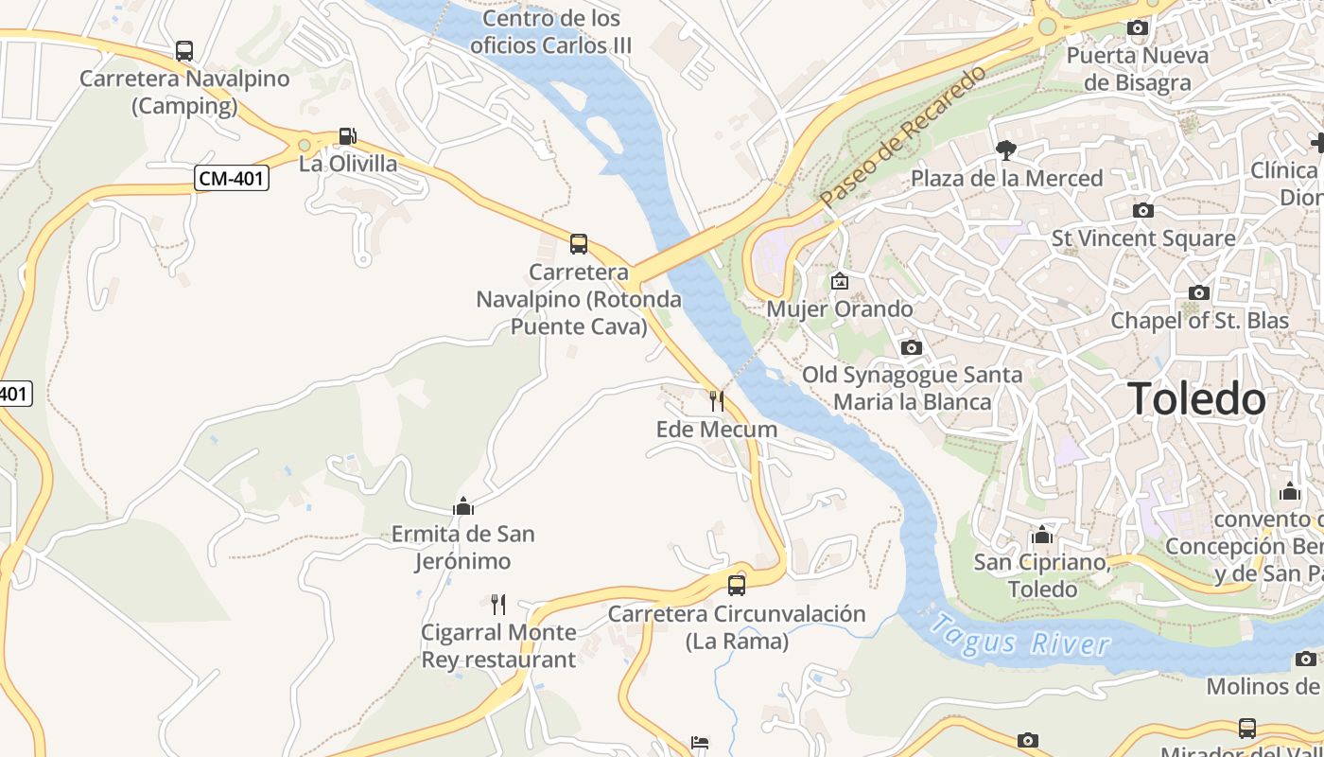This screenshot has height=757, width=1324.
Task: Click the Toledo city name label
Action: [x=1195, y=399]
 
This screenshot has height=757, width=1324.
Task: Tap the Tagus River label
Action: [x=1019, y=636]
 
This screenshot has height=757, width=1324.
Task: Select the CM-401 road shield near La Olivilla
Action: [x=232, y=178]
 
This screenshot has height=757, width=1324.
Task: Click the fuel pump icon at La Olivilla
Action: [x=348, y=137]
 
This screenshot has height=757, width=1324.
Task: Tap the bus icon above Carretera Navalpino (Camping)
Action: [x=184, y=51]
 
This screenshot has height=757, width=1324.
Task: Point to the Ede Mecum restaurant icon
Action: [x=716, y=401]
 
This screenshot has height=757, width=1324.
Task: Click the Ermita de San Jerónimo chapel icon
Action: [x=463, y=506]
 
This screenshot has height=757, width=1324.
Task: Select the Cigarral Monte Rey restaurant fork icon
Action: [x=498, y=604]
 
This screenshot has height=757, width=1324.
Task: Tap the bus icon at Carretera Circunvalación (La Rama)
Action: [x=737, y=586]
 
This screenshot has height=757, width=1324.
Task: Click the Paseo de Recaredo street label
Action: [x=903, y=136]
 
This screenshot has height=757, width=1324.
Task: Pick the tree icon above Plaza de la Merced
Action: [x=1006, y=150]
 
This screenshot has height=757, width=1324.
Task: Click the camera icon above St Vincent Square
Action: [x=1142, y=210]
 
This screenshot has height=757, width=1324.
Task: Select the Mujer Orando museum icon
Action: [x=839, y=281]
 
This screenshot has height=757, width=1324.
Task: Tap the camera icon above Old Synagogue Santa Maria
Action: [x=912, y=347]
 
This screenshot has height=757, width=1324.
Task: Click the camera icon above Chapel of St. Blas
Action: [x=1199, y=292]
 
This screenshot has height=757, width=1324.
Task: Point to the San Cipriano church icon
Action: [x=1041, y=535]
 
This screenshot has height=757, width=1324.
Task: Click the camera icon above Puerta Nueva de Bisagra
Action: [x=1138, y=28]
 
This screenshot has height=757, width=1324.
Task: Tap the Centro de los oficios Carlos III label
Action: [x=550, y=31]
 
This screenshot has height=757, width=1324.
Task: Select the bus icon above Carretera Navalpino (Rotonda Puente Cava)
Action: [x=579, y=244]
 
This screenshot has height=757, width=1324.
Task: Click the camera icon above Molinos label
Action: [x=1306, y=659]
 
